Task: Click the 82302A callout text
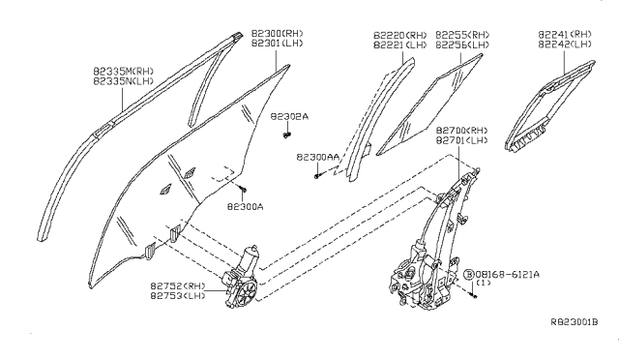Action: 289,116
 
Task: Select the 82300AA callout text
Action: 318,157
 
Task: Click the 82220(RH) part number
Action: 400,36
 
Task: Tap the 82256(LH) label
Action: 462,45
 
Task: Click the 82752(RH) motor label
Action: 178,286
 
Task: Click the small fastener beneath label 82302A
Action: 287,135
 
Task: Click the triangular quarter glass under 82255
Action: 428,104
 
